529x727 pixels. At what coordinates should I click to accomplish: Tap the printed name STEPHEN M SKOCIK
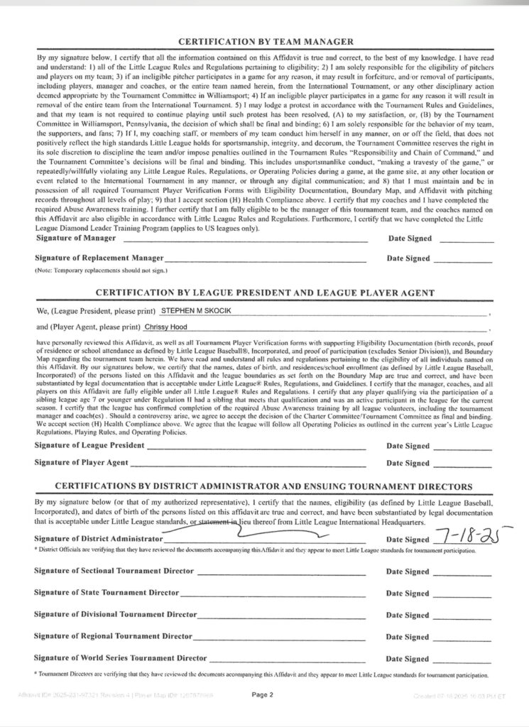(x=195, y=311)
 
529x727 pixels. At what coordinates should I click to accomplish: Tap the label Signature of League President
(x=89, y=445)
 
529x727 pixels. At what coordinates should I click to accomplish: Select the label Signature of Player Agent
(x=82, y=462)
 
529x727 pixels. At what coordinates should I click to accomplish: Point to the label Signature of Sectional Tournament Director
(x=114, y=571)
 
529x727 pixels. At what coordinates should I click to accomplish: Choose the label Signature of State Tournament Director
(x=107, y=591)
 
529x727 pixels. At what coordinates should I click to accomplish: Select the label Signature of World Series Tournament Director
(x=121, y=658)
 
